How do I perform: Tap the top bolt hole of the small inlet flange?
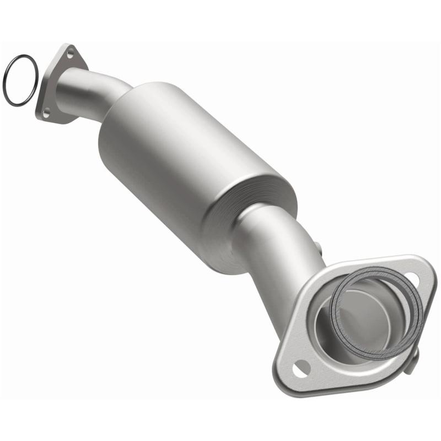(x=70, y=53)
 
